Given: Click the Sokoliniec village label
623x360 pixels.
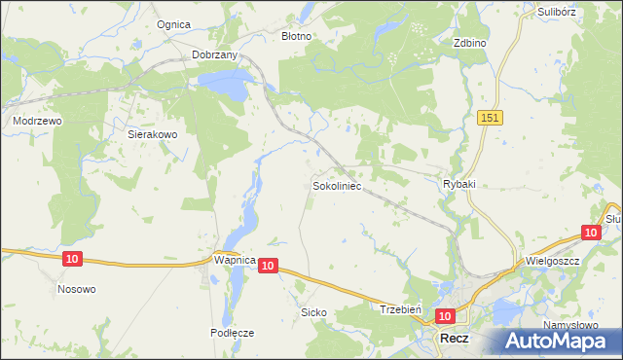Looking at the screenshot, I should (337, 184).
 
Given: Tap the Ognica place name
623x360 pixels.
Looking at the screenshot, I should (174, 24).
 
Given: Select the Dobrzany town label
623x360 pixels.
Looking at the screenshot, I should (215, 55).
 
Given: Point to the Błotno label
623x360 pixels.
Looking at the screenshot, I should (296, 36).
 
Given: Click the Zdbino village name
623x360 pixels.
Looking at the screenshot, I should (469, 44).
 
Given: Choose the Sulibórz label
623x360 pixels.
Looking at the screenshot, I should (559, 12).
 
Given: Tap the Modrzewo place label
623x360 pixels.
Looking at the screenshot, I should (37, 121).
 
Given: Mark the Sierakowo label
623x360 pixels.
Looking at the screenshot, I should (152, 135).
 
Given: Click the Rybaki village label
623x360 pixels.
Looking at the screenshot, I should (458, 184).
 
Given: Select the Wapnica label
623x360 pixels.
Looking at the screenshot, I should (234, 261).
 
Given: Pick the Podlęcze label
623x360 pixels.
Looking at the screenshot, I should (233, 332).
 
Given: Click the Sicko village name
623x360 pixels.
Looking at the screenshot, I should (313, 312).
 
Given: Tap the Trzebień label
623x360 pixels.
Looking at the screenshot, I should (399, 308).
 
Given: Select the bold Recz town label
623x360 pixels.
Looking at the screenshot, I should (454, 339).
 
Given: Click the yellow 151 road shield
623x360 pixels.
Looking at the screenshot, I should (491, 117).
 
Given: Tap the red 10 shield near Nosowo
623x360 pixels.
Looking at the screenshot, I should (72, 259).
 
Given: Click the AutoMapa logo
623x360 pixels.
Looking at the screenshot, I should (562, 341).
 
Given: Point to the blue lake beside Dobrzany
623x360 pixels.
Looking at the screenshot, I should (226, 89).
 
